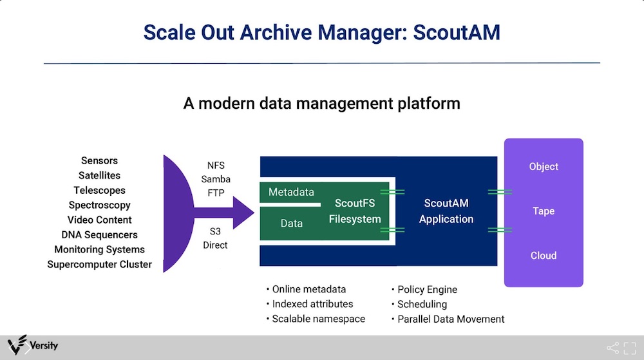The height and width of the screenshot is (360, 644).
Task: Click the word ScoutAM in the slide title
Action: click(x=457, y=32)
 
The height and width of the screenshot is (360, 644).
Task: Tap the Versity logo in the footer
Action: click(x=33, y=345)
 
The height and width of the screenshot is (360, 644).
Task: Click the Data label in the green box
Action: click(x=292, y=223)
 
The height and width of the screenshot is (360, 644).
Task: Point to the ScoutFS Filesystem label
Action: click(x=355, y=211)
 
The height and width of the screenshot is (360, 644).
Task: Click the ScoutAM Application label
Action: click(x=446, y=211)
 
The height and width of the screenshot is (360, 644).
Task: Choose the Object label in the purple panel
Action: click(x=544, y=167)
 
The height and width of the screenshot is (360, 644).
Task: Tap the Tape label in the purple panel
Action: click(x=544, y=211)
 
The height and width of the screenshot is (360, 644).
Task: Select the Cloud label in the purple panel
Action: click(x=544, y=255)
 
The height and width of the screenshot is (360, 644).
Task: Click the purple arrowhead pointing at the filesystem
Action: click(x=242, y=213)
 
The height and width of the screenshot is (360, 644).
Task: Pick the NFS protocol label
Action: click(x=216, y=166)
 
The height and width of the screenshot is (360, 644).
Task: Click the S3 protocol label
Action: click(x=215, y=231)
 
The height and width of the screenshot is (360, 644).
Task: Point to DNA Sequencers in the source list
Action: click(x=99, y=235)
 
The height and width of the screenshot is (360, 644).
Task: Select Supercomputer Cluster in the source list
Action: click(x=99, y=264)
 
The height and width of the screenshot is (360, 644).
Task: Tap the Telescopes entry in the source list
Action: click(x=99, y=191)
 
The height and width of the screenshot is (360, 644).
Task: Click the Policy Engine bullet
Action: click(x=424, y=290)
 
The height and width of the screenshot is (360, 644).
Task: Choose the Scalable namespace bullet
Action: click(x=316, y=319)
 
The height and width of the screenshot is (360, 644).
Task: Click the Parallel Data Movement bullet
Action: click(x=448, y=319)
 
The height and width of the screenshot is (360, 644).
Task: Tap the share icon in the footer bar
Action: click(x=612, y=348)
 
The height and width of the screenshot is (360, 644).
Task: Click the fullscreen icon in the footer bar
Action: click(x=630, y=348)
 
